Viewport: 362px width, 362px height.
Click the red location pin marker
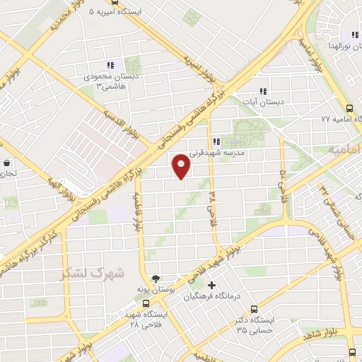click(182, 166)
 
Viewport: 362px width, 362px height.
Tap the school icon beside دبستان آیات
click(263, 91)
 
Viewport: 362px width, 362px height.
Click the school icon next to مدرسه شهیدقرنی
click(216, 140)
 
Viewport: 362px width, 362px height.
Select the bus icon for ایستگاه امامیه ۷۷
click(350, 108)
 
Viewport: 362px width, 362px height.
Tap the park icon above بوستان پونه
click(156, 279)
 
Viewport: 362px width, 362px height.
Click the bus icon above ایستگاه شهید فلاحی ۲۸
click(146, 303)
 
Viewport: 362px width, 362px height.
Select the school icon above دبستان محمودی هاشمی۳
click(110, 65)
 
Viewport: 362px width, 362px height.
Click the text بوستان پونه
click(156, 290)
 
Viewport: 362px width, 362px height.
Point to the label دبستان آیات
click(262, 103)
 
